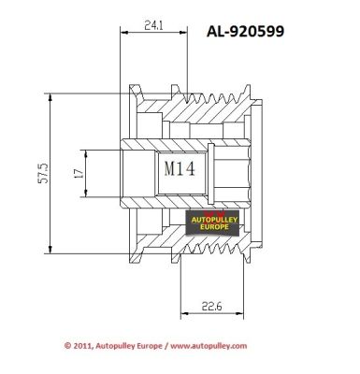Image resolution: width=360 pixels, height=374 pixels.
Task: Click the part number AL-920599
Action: [245, 31]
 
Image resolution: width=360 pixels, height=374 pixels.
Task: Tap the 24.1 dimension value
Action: [153, 25]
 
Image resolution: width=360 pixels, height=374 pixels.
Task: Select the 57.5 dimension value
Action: [43, 173]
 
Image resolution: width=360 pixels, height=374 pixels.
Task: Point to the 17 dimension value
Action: [79, 173]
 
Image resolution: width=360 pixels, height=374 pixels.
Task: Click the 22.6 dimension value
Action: [211, 307]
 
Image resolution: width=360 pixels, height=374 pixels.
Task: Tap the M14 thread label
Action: [180, 168]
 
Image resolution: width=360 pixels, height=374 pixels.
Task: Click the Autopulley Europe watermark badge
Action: [212, 223]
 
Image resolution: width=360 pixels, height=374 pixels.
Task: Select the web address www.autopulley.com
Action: [209, 346]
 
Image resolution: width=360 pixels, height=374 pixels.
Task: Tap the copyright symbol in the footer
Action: [67, 346]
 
